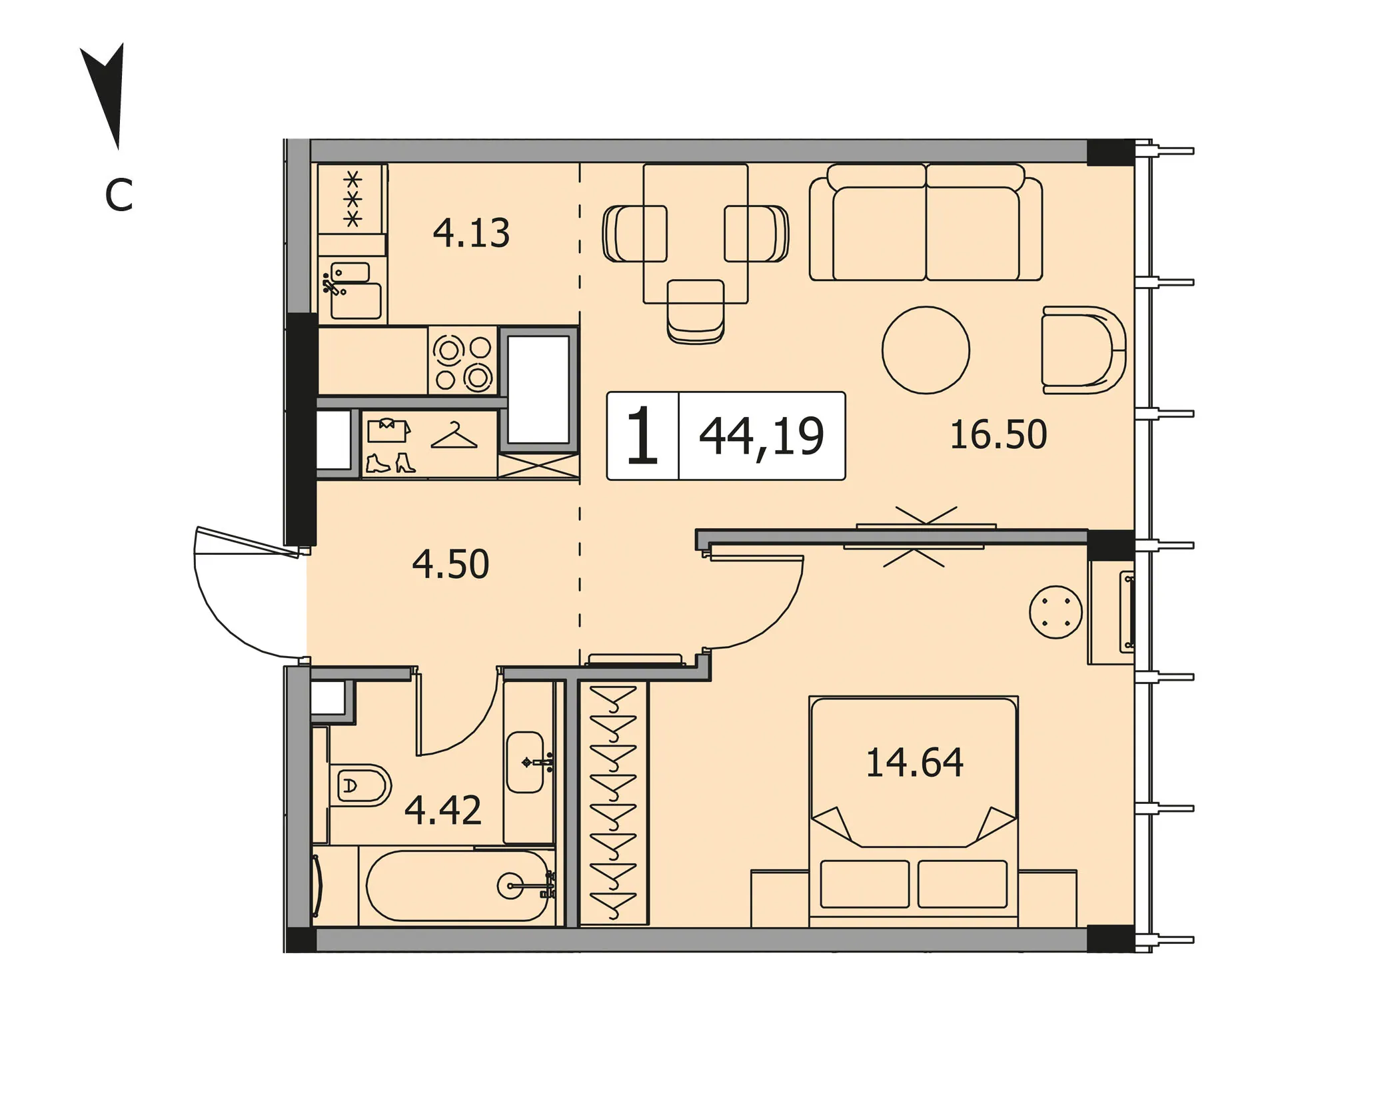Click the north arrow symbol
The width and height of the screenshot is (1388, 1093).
[x=107, y=93]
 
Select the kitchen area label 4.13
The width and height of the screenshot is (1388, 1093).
[x=471, y=233]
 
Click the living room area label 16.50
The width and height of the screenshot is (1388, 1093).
[x=998, y=434]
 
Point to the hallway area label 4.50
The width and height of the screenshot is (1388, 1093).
[x=450, y=564]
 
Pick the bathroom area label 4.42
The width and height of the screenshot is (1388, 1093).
[x=443, y=811]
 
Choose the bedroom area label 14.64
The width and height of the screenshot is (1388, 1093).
[x=914, y=763]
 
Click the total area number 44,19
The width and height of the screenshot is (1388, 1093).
[x=762, y=437]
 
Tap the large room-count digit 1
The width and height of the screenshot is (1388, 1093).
[x=642, y=436]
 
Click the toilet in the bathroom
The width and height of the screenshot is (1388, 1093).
[x=360, y=785]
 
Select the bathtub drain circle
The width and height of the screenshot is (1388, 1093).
[x=510, y=886]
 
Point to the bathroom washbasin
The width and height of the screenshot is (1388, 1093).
[x=526, y=762]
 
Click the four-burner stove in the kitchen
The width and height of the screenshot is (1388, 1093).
[x=462, y=362]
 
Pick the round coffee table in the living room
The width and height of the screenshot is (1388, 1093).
[x=926, y=350]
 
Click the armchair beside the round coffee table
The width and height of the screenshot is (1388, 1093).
[x=1083, y=350]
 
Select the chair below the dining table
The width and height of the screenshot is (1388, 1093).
[x=696, y=312]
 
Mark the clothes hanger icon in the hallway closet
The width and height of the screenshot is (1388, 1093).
[x=454, y=436]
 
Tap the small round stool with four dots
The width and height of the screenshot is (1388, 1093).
[x=1055, y=611]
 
